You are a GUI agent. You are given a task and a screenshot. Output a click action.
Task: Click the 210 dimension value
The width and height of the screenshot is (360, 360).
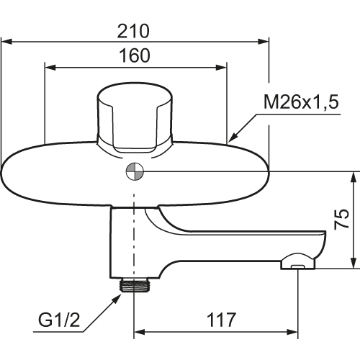tap(133, 31)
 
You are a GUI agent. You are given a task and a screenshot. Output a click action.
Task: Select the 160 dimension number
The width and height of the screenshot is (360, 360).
tap(135, 55)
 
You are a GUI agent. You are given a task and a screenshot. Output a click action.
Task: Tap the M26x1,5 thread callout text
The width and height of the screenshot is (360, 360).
tap(301, 102)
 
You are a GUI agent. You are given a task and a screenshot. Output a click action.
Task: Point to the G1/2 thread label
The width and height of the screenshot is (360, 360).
tap(59, 320)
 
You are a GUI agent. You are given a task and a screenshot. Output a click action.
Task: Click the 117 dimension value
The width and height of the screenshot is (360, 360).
tap(221, 320)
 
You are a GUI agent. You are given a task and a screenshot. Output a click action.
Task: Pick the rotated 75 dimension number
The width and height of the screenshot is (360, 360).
tap(341, 219)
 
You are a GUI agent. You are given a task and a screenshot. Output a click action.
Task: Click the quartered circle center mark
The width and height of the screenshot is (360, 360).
tap(135, 171)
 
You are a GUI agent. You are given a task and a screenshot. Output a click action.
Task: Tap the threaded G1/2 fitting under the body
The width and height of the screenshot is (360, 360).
tap(134, 285)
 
